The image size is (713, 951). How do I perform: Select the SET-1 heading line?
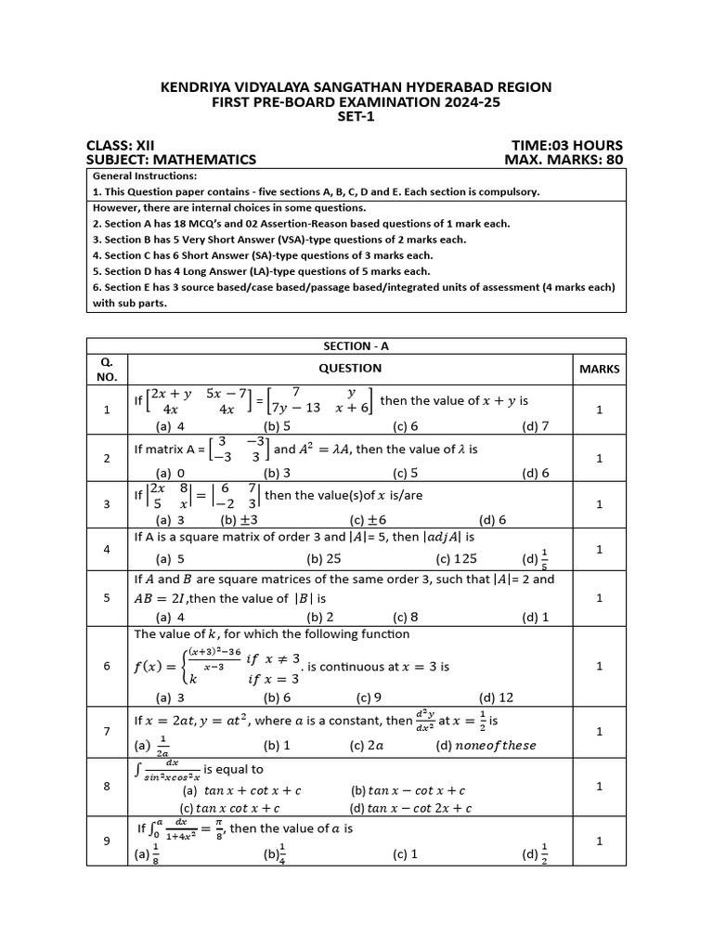coord(356,118)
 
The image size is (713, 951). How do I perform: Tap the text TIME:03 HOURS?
coord(566,145)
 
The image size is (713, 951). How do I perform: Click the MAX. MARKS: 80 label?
coord(563,160)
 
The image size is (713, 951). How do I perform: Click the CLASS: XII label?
coord(121,145)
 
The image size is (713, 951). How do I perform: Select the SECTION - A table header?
coord(356,345)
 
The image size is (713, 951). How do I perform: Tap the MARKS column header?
coord(599,369)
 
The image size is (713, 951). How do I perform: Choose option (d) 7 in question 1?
coord(536,426)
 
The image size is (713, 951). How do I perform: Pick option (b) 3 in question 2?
coord(278,473)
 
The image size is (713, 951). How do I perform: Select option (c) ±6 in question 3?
coord(368,520)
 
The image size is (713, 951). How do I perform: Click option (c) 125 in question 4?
coord(455,559)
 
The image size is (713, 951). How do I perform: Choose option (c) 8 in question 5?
coord(406,617)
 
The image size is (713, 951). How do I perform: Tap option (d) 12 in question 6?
coord(496,697)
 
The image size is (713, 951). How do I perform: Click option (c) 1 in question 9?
coord(405,853)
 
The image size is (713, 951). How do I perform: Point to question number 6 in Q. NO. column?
coord(107,666)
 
